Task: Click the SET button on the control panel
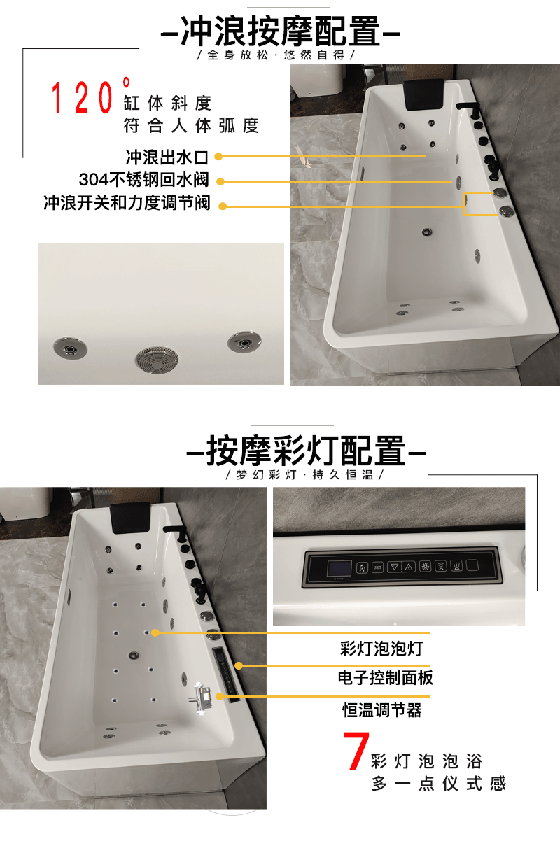click(377, 567)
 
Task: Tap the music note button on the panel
click(362, 567)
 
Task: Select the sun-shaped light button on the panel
click(425, 566)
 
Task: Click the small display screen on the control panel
click(339, 568)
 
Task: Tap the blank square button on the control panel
click(472, 565)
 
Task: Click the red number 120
click(82, 98)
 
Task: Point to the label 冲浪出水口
click(167, 157)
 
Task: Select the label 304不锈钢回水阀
click(143, 180)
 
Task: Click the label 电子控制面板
click(386, 678)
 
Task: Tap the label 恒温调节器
click(382, 710)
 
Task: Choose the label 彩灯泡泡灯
click(381, 649)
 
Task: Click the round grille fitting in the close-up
click(157, 360)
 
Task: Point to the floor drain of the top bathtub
click(427, 232)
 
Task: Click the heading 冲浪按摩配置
click(280, 31)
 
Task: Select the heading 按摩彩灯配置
click(306, 451)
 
